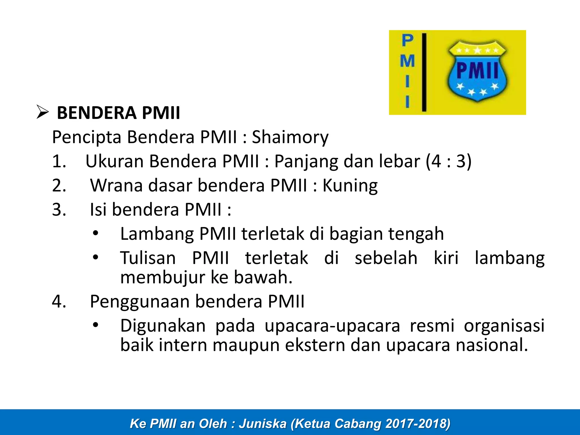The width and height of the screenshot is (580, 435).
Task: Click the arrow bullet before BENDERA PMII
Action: pyautogui.click(x=43, y=112)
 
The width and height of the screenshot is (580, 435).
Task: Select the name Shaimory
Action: pyautogui.click(x=290, y=137)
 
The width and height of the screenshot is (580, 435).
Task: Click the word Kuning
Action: pyautogui.click(x=350, y=186)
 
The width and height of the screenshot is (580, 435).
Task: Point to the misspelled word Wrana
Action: pyautogui.click(x=116, y=186)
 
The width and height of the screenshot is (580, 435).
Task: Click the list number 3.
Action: pyautogui.click(x=59, y=210)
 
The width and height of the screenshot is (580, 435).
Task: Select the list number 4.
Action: pyautogui.click(x=59, y=301)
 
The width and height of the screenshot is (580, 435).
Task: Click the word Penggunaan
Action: pyautogui.click(x=140, y=301)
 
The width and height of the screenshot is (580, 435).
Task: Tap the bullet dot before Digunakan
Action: pyautogui.click(x=96, y=325)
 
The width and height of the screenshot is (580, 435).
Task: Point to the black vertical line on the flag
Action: pyautogui.click(x=424, y=72)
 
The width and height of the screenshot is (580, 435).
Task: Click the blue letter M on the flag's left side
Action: pyautogui.click(x=407, y=61)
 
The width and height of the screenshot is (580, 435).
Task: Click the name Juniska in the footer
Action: pyautogui.click(x=263, y=424)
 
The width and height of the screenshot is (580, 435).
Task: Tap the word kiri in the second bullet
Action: pyautogui.click(x=446, y=258)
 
